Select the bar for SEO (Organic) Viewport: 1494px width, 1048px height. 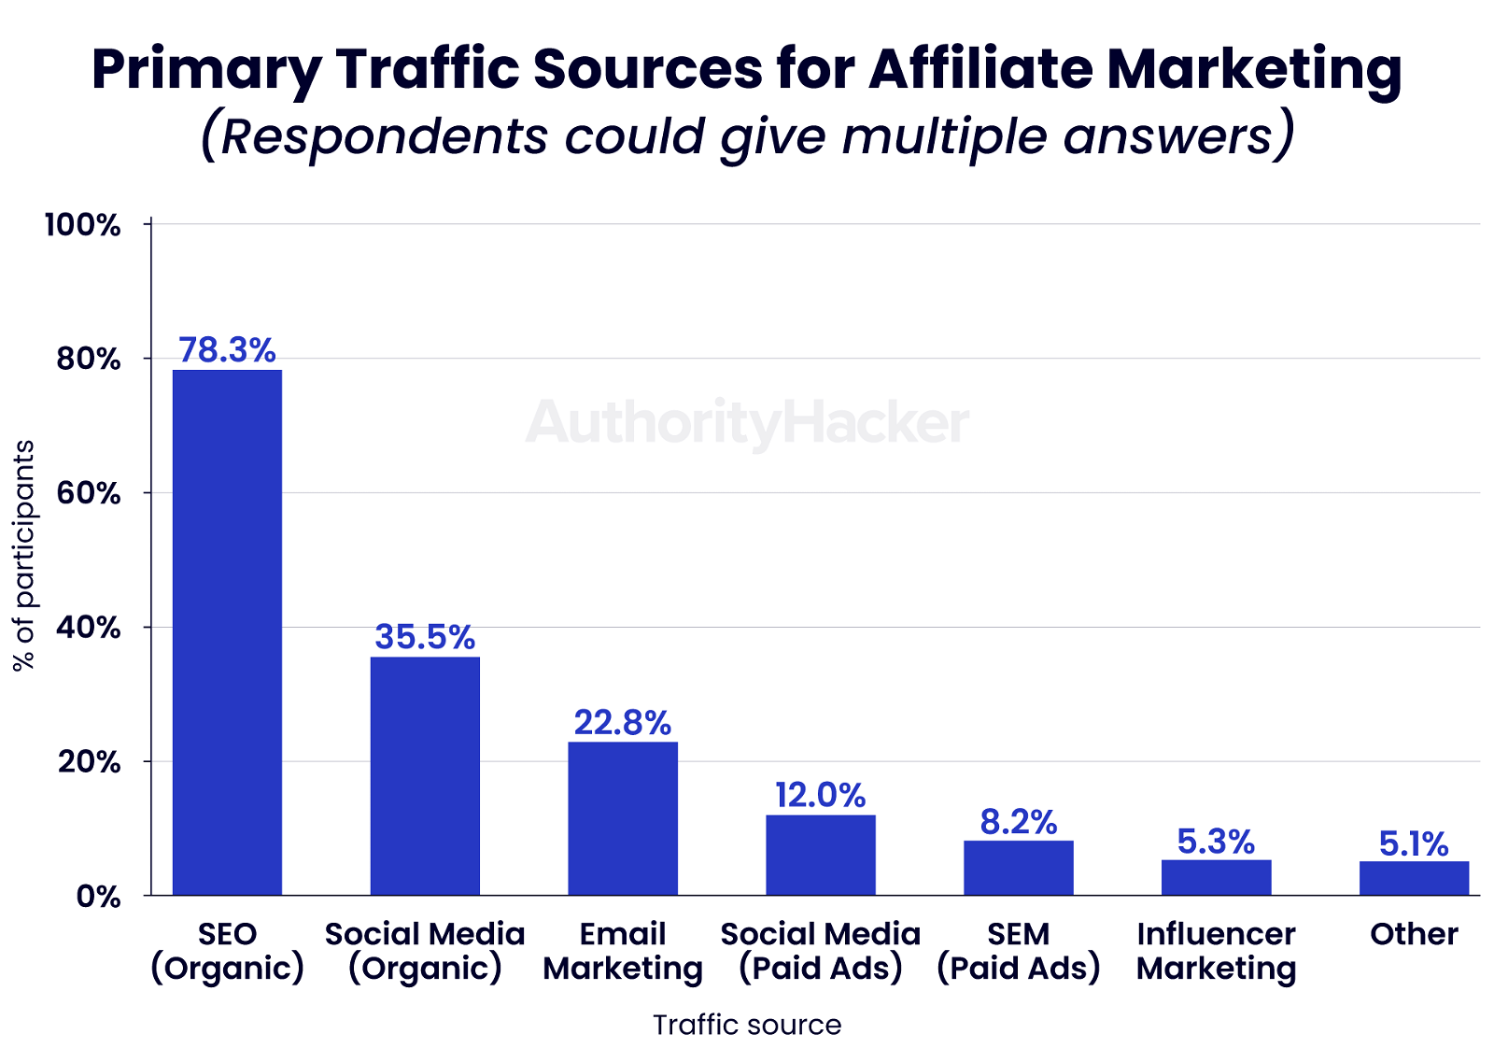(x=227, y=632)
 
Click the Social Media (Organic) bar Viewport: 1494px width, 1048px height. (x=425, y=776)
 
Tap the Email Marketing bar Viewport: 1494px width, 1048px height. (x=623, y=818)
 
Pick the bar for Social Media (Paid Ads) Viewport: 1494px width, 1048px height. (x=821, y=855)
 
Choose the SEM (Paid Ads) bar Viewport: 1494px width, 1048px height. (x=1019, y=868)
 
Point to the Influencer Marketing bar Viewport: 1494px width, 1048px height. (x=1216, y=877)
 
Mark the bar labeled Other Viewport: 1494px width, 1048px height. (x=1414, y=878)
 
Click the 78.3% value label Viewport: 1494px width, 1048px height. (x=227, y=350)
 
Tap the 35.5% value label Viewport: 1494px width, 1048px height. (x=425, y=637)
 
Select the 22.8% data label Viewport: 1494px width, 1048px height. (x=623, y=723)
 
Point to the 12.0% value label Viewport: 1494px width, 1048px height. (x=821, y=796)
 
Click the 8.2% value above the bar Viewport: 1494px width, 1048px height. (x=1019, y=822)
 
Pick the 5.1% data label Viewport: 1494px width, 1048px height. (x=1414, y=844)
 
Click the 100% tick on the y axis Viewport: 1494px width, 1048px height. (x=83, y=225)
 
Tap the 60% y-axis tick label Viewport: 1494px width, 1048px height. (x=89, y=493)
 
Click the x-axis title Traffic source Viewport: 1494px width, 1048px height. (x=747, y=1025)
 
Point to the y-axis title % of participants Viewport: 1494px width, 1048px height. (x=23, y=555)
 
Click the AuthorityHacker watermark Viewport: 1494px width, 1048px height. (x=747, y=422)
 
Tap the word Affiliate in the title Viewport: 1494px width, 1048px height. (x=980, y=68)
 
